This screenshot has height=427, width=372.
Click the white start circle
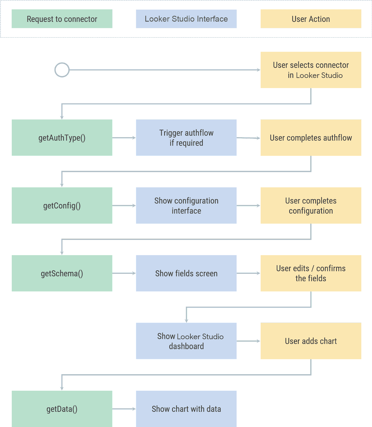tap(62, 70)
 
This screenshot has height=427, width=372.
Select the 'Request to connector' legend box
tap(62, 19)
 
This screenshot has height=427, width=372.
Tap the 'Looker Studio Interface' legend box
tap(186, 19)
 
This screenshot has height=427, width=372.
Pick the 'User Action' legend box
tap(311, 19)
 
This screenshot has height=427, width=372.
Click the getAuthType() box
tap(62, 138)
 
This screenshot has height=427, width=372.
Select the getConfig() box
tap(62, 205)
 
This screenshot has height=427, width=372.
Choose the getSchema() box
tap(62, 273)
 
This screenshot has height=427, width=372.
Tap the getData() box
tap(62, 409)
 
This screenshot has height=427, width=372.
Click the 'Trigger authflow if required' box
tap(186, 138)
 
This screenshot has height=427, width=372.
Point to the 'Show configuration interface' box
tap(186, 205)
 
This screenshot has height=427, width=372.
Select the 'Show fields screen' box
tap(186, 273)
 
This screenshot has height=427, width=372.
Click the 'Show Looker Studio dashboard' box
tap(186, 341)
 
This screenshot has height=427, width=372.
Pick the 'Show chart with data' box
tap(186, 409)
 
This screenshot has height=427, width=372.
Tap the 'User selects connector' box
tap(311, 70)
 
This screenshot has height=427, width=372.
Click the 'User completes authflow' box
tap(311, 138)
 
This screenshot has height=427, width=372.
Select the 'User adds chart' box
tap(311, 341)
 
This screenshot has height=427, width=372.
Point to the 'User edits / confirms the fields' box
tap(311, 273)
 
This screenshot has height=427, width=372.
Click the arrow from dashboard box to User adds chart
tap(248, 341)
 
